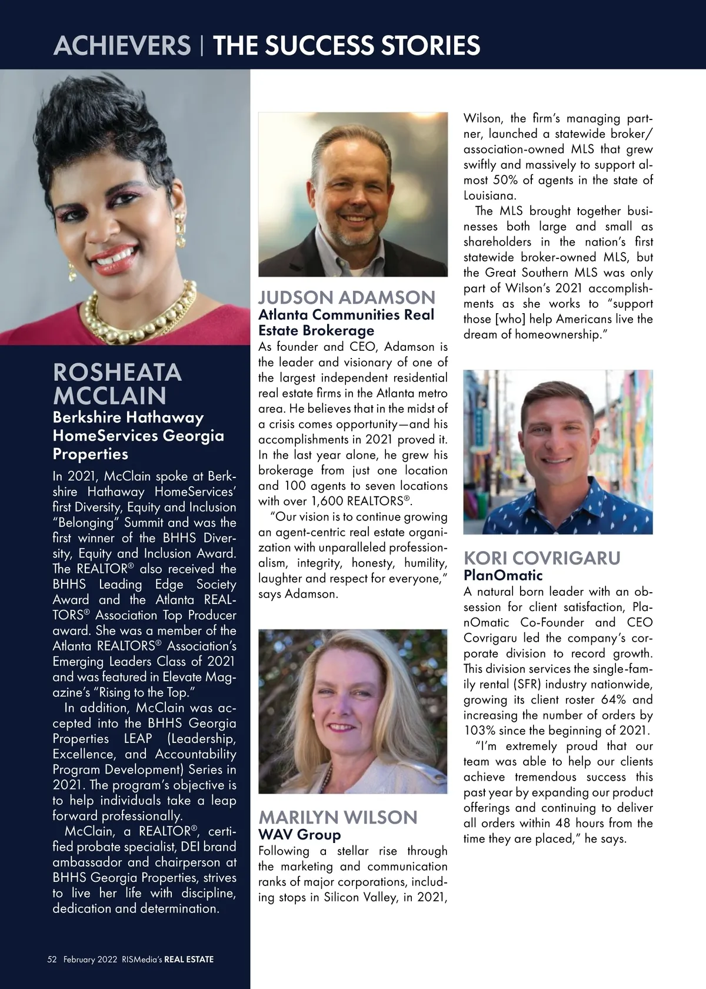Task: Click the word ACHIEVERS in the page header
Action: pyautogui.click(x=122, y=45)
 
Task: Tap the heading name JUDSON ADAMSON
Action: pyautogui.click(x=347, y=297)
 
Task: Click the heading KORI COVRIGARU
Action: pyautogui.click(x=542, y=557)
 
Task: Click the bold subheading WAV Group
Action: pyautogui.click(x=299, y=834)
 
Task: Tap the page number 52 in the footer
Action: pyautogui.click(x=52, y=959)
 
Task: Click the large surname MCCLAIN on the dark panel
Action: pyautogui.click(x=109, y=395)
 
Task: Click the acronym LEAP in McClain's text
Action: pyautogui.click(x=138, y=738)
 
